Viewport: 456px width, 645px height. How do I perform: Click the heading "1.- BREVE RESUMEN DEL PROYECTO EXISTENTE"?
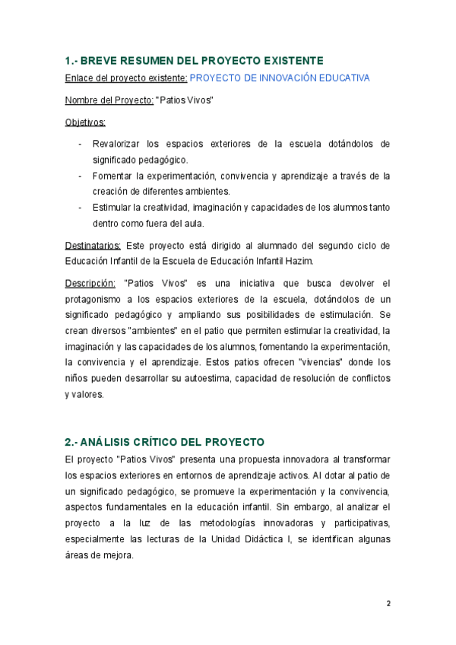pyautogui.click(x=195, y=60)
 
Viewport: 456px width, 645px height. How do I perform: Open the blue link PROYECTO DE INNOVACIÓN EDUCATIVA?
pyautogui.click(x=280, y=78)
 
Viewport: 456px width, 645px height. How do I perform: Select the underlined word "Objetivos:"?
pyautogui.click(x=85, y=122)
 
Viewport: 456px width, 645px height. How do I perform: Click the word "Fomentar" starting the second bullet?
pyautogui.click(x=111, y=176)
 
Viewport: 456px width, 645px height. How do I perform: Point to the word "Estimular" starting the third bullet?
pyautogui.click(x=112, y=208)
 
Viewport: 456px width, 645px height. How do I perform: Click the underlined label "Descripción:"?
pyautogui.click(x=90, y=283)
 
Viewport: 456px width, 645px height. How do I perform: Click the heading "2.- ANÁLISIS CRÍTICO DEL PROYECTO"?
pyautogui.click(x=164, y=441)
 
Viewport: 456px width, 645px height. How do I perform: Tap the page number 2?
pyautogui.click(x=388, y=603)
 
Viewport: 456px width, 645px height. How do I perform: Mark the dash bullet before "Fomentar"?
pyautogui.click(x=81, y=176)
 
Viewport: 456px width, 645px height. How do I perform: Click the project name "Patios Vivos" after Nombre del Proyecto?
pyautogui.click(x=185, y=100)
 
